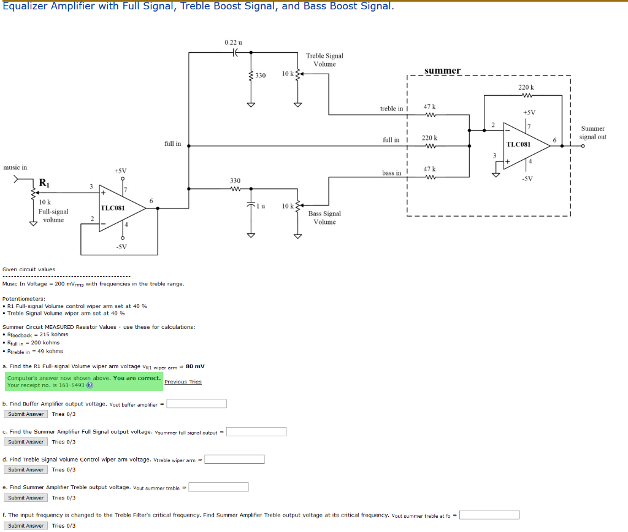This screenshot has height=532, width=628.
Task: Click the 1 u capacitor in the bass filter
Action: click(251, 205)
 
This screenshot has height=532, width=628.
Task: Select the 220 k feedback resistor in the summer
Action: click(525, 95)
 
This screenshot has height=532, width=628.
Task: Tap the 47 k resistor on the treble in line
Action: click(430, 114)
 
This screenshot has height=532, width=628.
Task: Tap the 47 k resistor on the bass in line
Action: click(430, 177)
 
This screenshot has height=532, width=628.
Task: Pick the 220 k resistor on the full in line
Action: click(430, 146)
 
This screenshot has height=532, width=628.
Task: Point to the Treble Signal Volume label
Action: click(324, 60)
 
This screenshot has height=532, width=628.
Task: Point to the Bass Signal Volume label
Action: click(324, 218)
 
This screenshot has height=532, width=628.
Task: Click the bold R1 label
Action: click(44, 182)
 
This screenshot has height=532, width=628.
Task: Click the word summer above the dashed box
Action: click(442, 71)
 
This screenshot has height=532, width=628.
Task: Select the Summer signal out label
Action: click(592, 133)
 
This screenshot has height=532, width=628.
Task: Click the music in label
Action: click(15, 167)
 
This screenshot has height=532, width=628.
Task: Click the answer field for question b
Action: click(197, 404)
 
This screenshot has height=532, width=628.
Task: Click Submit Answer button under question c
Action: click(26, 442)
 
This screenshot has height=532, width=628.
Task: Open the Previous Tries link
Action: click(183, 382)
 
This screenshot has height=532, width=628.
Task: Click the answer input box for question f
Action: click(489, 515)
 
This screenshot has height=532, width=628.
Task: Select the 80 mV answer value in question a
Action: click(195, 366)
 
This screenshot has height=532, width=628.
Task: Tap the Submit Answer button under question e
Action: click(26, 498)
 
